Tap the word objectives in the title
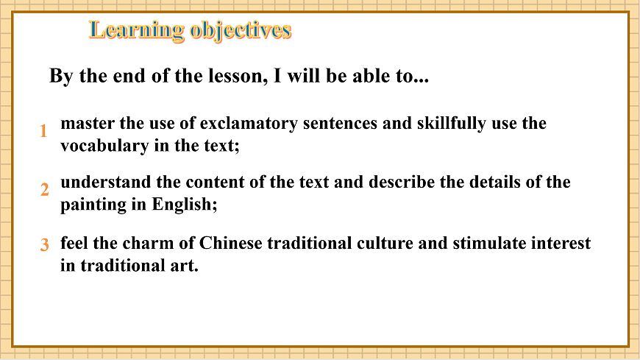click(x=241, y=30)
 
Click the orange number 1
click(x=43, y=132)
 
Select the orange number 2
click(x=44, y=190)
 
